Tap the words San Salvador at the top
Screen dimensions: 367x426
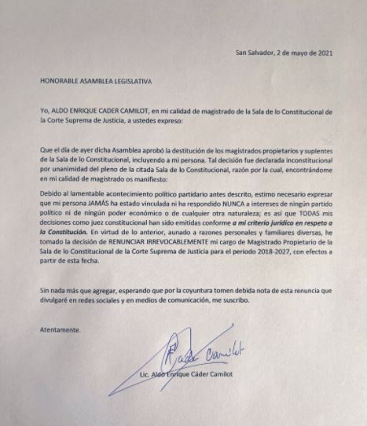[255, 53]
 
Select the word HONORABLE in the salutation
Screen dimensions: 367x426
[59, 81]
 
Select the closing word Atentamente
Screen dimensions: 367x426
[60, 329]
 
